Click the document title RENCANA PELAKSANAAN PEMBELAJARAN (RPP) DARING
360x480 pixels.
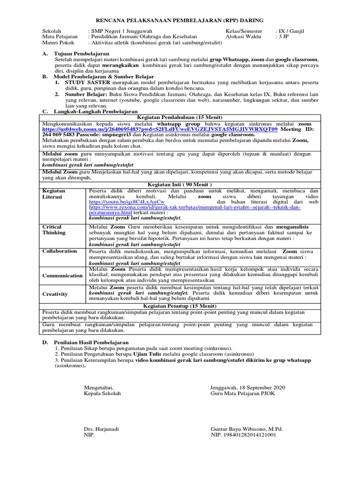180,21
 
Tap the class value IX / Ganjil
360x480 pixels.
291,31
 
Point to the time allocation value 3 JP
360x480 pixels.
284,37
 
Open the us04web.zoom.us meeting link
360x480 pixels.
159,128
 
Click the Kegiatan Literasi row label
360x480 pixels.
54,194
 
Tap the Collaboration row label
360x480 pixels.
60,251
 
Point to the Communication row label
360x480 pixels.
62,276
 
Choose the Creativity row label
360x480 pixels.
55,294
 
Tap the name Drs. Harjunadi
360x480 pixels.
101,429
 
